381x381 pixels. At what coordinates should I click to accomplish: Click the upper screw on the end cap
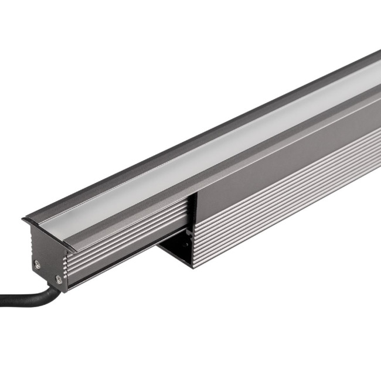point(37,264)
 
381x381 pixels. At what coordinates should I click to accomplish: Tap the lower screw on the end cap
point(59,280)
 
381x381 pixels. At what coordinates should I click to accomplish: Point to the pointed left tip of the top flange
point(24,220)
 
